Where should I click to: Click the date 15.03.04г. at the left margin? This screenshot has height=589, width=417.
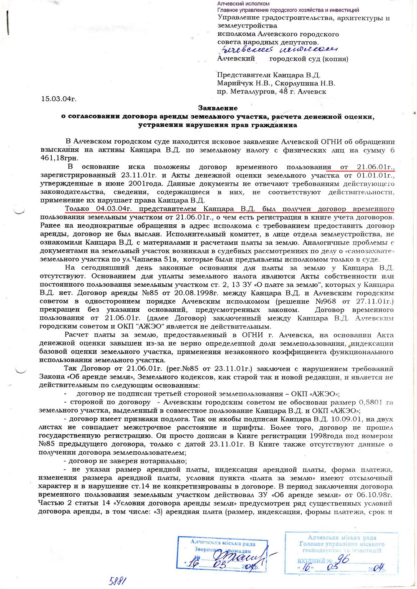(58, 99)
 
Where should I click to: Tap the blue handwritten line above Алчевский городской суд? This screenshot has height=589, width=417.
(273, 49)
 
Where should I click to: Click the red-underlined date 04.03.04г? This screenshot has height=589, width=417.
(111, 208)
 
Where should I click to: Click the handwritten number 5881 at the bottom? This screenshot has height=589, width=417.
(118, 581)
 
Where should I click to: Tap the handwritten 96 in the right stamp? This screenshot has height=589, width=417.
(343, 560)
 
